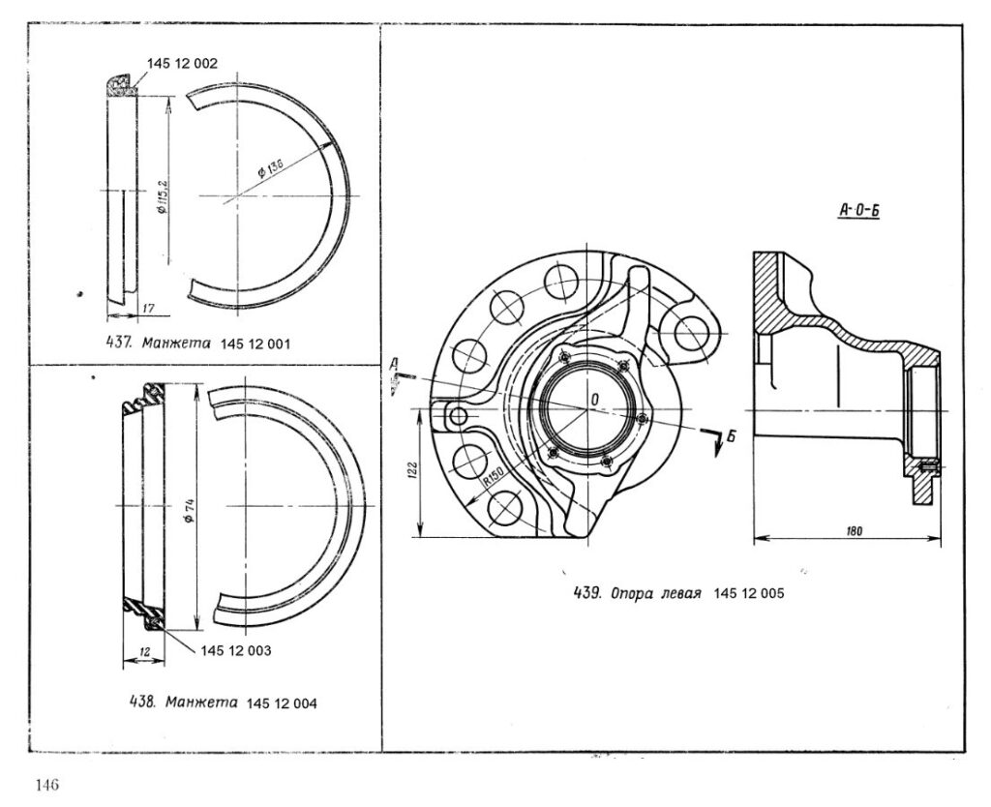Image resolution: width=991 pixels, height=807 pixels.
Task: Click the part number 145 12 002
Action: click(182, 64)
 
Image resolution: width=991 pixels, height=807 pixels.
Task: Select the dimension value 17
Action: click(148, 309)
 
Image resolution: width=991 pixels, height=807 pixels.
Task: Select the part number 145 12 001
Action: click(255, 344)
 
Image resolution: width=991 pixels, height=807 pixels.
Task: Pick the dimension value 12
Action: click(144, 652)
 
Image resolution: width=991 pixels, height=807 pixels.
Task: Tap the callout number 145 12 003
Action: click(236, 651)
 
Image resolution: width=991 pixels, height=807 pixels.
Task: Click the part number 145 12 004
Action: click(282, 702)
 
